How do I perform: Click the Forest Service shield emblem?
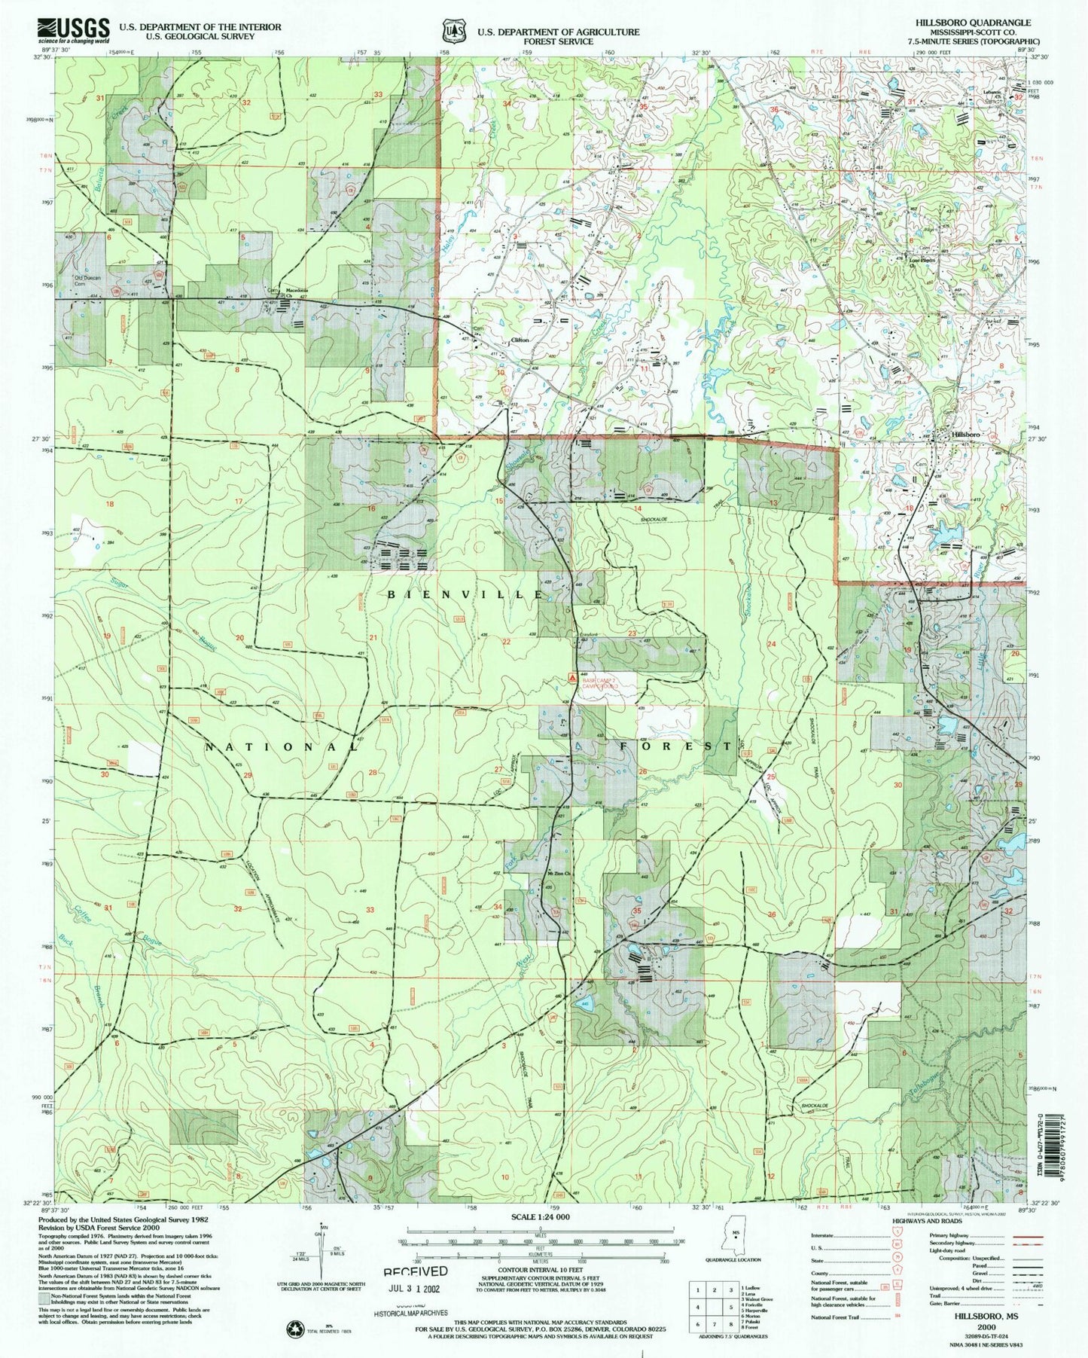(x=454, y=32)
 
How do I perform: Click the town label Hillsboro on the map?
(x=966, y=435)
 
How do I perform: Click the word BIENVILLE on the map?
(x=465, y=594)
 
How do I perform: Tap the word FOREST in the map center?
(x=675, y=746)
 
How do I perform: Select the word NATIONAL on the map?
(x=282, y=746)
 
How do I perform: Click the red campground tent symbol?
(x=572, y=678)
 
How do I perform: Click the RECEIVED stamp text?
(x=416, y=1271)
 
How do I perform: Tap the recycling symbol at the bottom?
(x=294, y=1329)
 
